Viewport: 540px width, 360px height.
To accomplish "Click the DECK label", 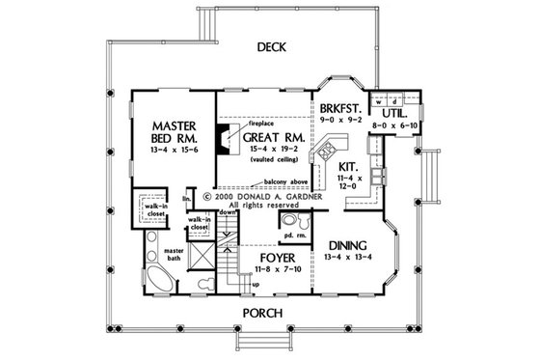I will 270,46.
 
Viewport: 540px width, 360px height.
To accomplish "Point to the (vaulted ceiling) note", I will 273,172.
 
